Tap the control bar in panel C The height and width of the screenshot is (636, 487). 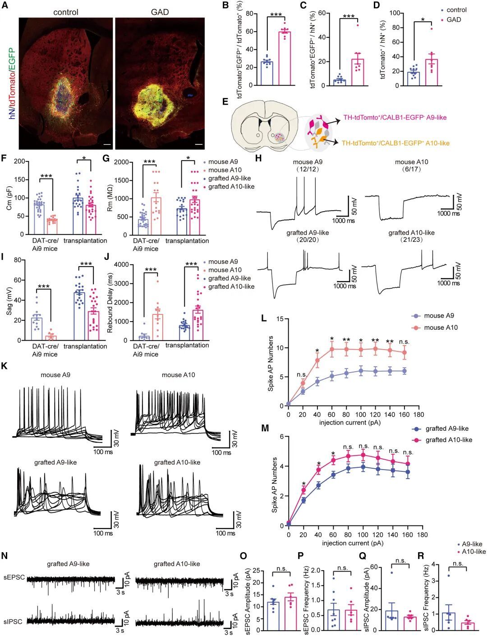point(339,82)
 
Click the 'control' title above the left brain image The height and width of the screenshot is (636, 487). point(66,12)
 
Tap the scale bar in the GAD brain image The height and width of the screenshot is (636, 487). point(199,145)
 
